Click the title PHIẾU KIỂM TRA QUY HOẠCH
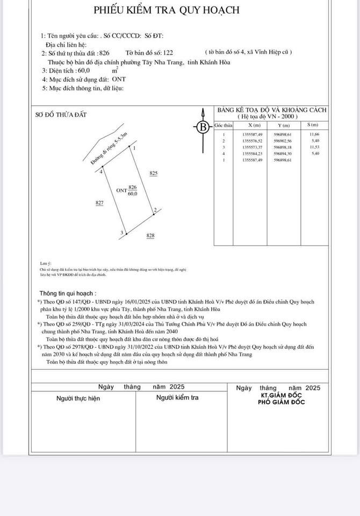coord(167,10)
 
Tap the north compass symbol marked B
coord(203,127)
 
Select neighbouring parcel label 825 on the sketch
coord(154,173)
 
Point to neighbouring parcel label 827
coord(99,203)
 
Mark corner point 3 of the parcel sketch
coord(122,233)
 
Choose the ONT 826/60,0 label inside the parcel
coord(127,190)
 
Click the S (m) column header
coord(313,125)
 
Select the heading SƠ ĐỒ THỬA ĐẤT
coord(60,114)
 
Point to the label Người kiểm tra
coord(177,398)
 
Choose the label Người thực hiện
coord(78,398)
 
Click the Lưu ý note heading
coord(45,263)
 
